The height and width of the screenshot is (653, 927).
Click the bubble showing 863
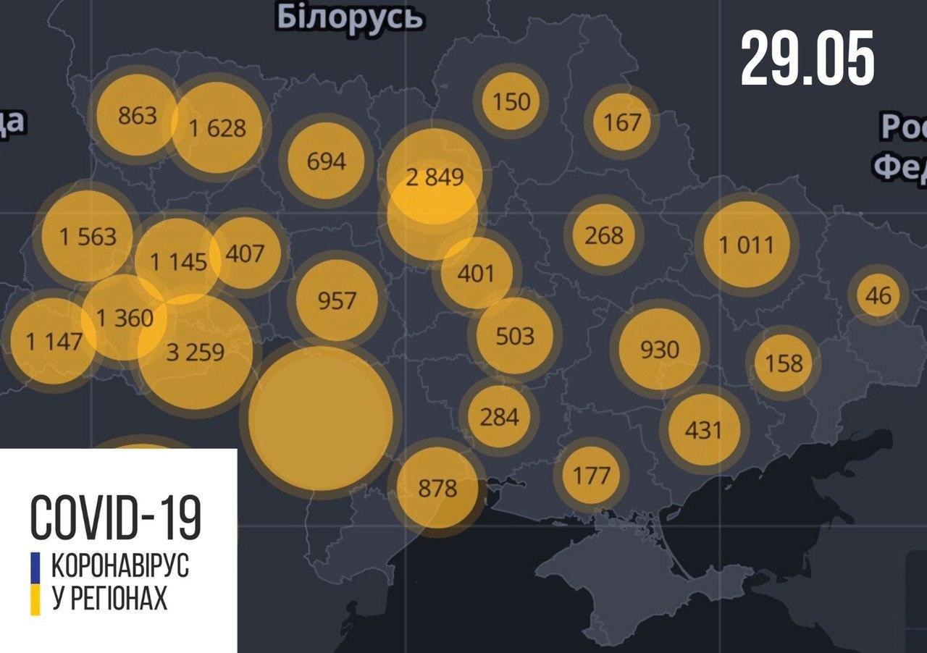pos(137,114)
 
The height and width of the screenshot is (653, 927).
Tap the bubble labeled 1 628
pos(217,128)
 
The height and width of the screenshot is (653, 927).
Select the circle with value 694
pos(326,161)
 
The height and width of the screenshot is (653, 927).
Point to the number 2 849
pos(434,176)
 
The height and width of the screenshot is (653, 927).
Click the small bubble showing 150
pos(511,101)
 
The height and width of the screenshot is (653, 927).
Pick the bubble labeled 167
pos(622,121)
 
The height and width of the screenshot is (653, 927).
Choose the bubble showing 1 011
pos(746,245)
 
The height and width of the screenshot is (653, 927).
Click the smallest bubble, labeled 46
pos(878,295)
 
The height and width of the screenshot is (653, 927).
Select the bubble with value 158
pos(784,361)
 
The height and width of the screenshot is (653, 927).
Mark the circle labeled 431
pos(703,430)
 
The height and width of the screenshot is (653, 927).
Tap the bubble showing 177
pos(591,476)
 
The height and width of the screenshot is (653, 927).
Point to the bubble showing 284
pos(499,417)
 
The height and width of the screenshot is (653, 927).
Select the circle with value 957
pos(337,300)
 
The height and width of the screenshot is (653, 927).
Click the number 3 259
pos(196,353)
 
